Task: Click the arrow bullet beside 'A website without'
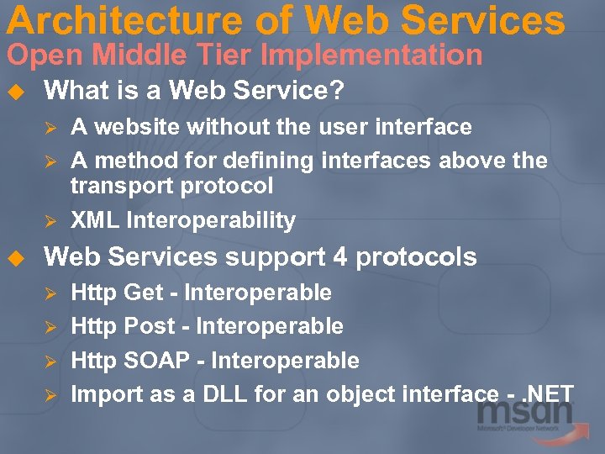pos(50,128)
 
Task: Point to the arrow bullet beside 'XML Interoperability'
pos(50,221)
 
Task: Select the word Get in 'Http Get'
pos(144,293)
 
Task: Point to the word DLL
pos(225,393)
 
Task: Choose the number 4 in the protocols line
pos(339,257)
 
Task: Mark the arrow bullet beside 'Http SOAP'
pos(50,362)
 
